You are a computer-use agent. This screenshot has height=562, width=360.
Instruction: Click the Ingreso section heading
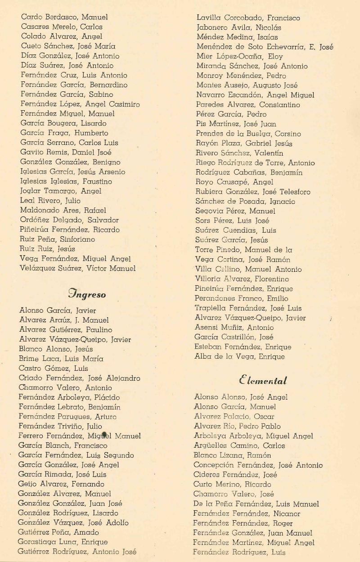coord(87,295)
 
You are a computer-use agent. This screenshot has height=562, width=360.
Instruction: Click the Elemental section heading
coord(263,381)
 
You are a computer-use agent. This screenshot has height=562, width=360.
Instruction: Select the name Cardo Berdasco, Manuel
coord(64,17)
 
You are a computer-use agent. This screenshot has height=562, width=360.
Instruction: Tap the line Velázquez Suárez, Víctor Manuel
coord(77,269)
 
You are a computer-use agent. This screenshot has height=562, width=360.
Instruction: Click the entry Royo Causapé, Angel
coord(234,182)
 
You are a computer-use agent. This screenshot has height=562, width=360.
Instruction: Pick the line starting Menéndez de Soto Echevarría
coord(265,47)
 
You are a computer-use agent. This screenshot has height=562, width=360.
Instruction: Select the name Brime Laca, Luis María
coord(61,359)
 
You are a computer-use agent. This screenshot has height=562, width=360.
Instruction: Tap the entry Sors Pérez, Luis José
coord(232,220)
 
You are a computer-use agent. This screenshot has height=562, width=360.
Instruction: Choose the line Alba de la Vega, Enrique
coord(239,357)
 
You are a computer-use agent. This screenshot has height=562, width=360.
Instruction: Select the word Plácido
coord(107,397)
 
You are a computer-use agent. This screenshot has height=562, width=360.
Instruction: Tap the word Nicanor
coord(285,513)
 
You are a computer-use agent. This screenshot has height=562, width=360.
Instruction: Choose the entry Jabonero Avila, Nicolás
coord(238,27)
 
